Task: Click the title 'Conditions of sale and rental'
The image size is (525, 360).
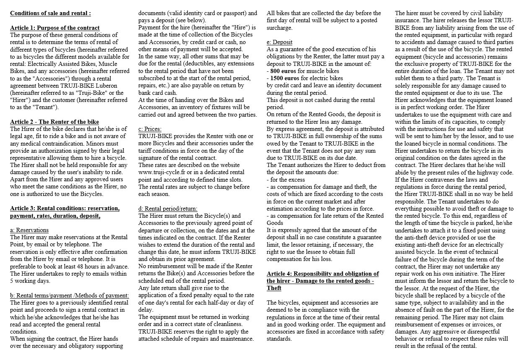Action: click(50, 13)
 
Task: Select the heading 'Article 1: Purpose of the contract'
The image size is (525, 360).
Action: click(55, 28)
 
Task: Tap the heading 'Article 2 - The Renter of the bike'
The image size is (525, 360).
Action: click(55, 122)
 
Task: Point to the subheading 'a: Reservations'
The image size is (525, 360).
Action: click(29, 230)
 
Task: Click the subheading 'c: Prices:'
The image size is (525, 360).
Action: click(150, 129)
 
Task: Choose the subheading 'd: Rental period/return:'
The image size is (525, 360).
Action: click(168, 209)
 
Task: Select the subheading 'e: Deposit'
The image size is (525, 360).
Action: click(280, 42)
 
